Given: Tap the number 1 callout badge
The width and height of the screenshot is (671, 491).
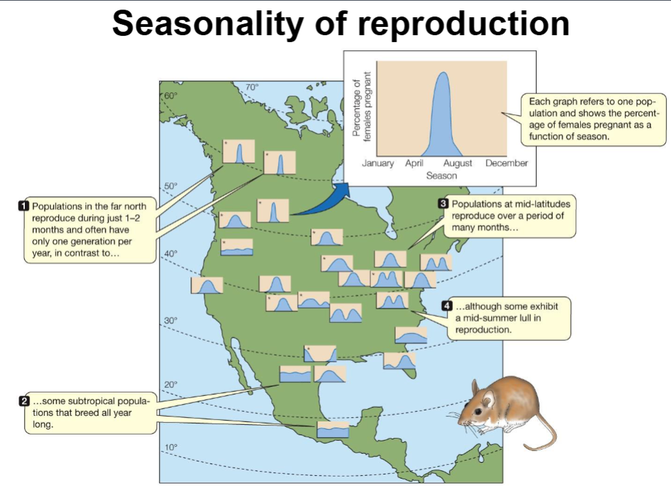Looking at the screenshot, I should [24, 206].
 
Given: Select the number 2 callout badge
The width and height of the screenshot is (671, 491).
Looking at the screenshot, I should [24, 401].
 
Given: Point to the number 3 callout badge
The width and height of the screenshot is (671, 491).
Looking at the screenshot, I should [443, 204].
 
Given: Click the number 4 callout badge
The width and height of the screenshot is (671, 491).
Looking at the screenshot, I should [447, 306].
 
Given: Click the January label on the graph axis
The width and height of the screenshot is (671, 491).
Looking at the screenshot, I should [378, 163].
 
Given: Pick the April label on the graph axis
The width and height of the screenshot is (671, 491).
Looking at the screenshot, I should [414, 163].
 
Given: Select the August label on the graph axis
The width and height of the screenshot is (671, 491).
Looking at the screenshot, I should [458, 163].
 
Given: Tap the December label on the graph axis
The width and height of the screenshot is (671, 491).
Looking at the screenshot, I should [507, 163].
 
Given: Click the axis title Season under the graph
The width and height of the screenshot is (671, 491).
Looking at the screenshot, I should [441, 176].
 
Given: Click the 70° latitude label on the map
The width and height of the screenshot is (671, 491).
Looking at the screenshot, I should [252, 87].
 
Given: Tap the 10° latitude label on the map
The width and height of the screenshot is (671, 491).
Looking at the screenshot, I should [171, 447].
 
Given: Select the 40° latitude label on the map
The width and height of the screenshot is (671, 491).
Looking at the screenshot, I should [171, 254].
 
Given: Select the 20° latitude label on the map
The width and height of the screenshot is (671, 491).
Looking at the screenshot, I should [171, 384].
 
